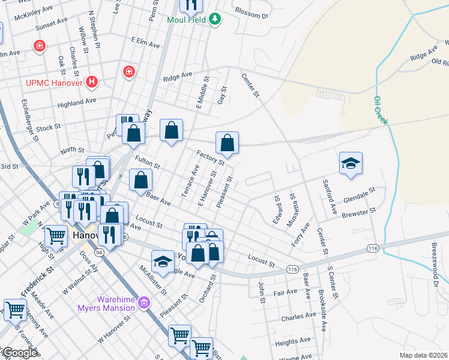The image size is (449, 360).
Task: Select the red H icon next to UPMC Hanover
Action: pos(91,81)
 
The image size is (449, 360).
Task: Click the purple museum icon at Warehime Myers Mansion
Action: pos(143,303)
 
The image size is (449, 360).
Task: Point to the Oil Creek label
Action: pos(381,110)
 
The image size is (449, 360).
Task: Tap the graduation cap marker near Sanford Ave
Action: pos(351,163)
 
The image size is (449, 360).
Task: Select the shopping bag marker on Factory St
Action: pos(227,143)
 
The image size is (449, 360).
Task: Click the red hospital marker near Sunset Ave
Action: pos(40,46)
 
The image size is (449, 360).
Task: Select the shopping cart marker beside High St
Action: pos(55,236)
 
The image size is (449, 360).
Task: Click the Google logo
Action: pos(19,353)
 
